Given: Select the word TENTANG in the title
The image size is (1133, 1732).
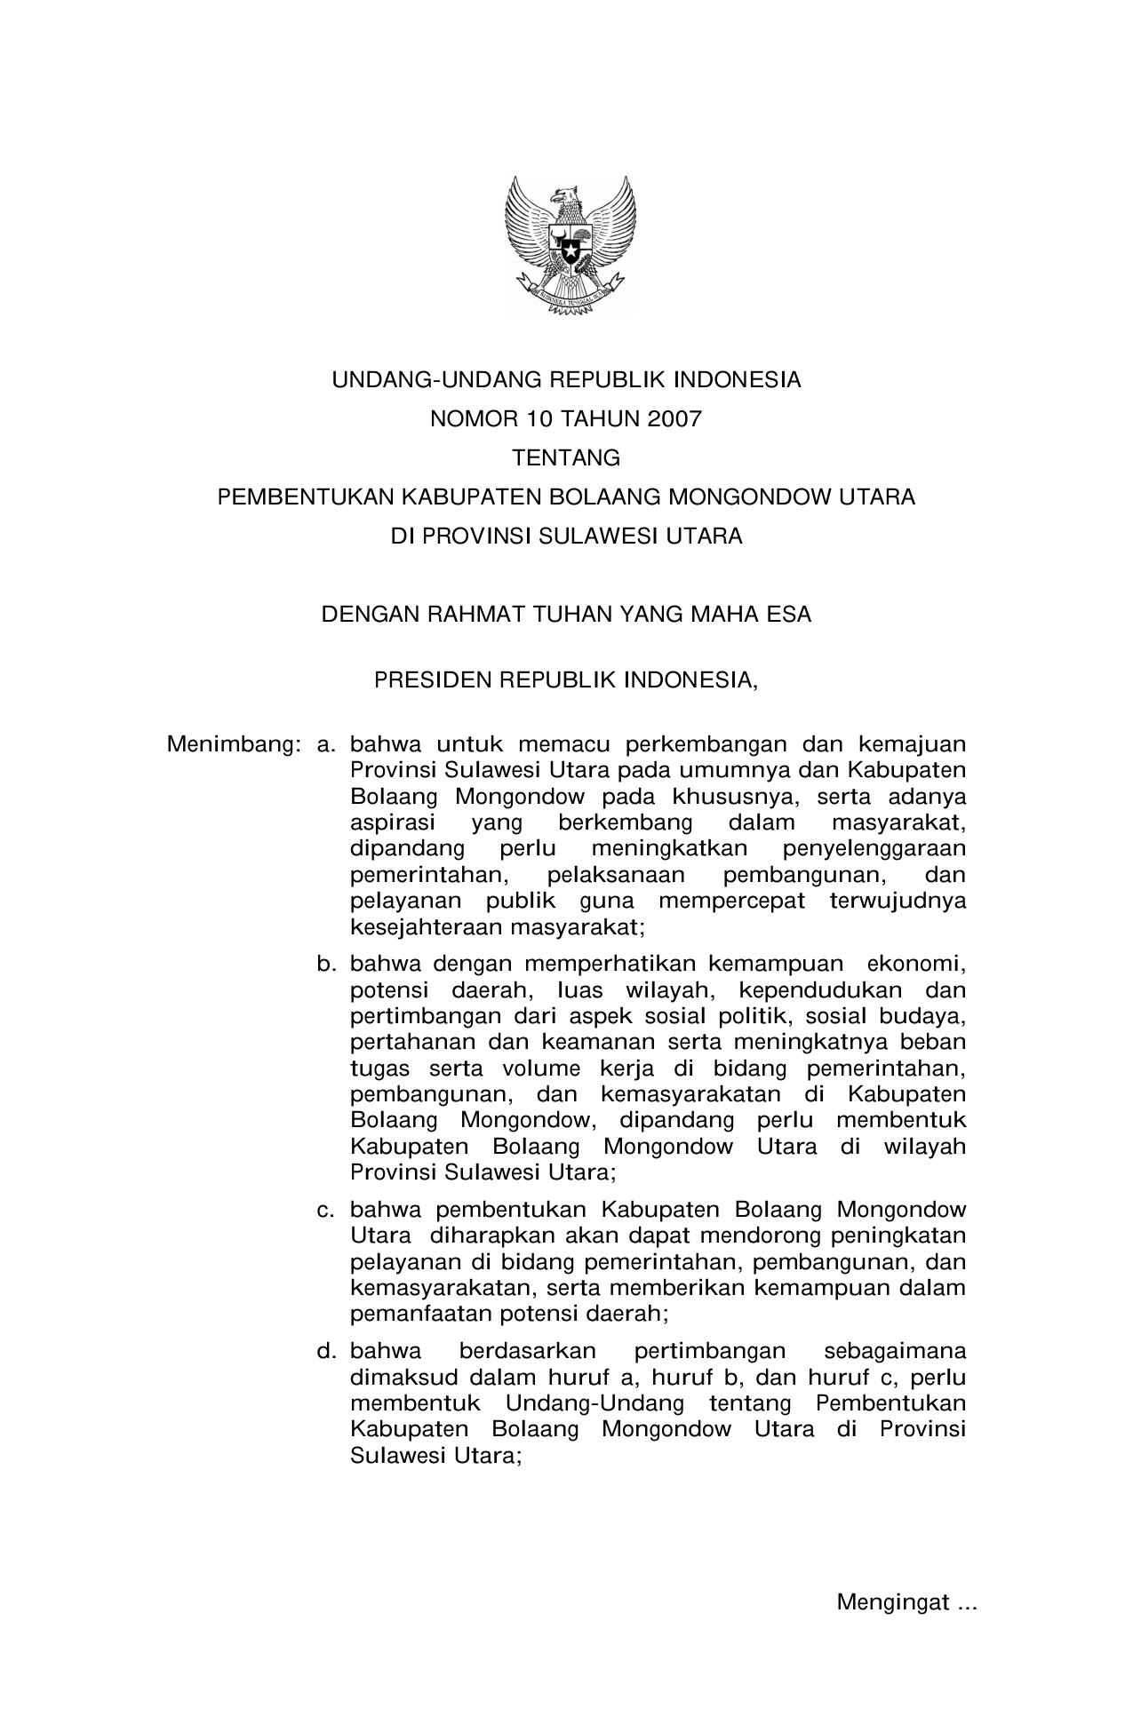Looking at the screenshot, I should click(566, 458).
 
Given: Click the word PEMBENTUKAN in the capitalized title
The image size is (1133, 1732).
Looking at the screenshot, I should click(306, 497).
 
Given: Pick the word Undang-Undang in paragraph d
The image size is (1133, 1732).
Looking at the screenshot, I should click(594, 1403).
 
